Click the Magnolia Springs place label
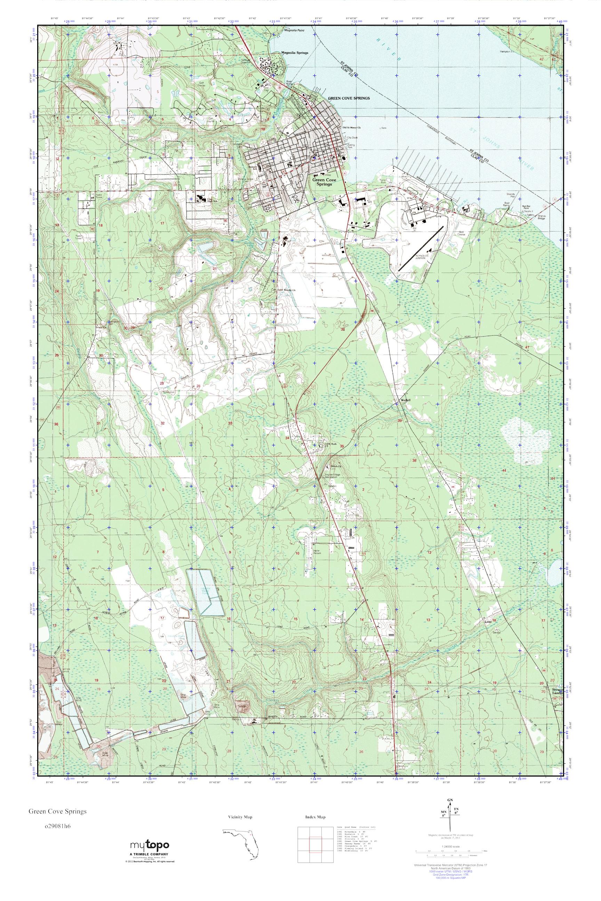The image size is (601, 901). point(294,53)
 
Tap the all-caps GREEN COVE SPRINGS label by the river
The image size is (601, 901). point(349,98)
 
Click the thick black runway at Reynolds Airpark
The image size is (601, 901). point(420,248)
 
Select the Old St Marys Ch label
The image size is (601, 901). point(352,128)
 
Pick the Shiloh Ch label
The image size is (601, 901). point(335,466)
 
